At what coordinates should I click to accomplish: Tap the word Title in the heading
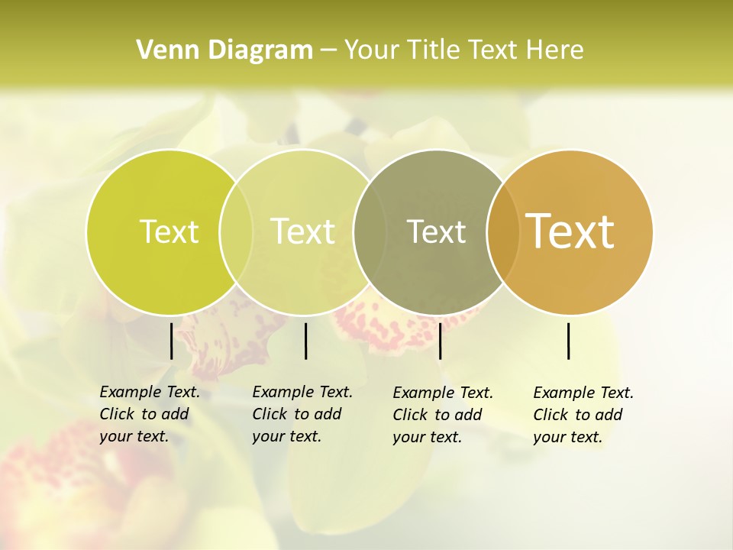coord(433,50)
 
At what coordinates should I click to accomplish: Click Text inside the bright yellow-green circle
coord(169,231)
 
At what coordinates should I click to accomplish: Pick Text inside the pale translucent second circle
coord(303,231)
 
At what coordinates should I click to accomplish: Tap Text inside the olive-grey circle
coord(436,231)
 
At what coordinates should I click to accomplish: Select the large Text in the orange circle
coord(570,231)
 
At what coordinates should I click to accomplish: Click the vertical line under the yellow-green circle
coord(171,341)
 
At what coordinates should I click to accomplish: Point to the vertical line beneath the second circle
coord(305,341)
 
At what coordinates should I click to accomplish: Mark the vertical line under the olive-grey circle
coord(440,341)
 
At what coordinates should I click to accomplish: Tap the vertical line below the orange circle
coord(569,341)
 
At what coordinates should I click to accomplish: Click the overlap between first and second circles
coord(236,231)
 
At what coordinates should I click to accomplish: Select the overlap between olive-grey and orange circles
coord(503,231)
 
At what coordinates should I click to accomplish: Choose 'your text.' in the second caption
coord(286,436)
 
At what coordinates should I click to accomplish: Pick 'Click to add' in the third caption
coord(438,415)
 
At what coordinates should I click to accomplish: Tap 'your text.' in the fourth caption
coord(567,437)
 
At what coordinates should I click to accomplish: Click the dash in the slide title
coord(328,50)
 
